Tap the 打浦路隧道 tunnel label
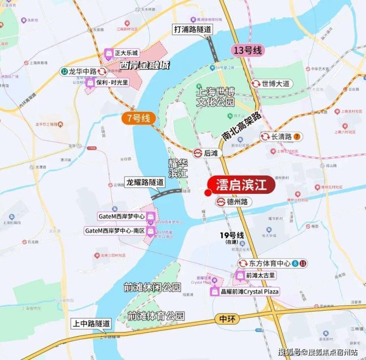pyautogui.click(x=192, y=29)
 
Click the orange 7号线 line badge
pyautogui.click(x=139, y=118)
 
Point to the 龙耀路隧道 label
pyautogui.click(x=145, y=181)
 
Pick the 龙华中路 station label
pyautogui.click(x=82, y=71)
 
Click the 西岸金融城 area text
pyautogui.click(x=142, y=65)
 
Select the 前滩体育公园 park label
pyautogui.click(x=156, y=315)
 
